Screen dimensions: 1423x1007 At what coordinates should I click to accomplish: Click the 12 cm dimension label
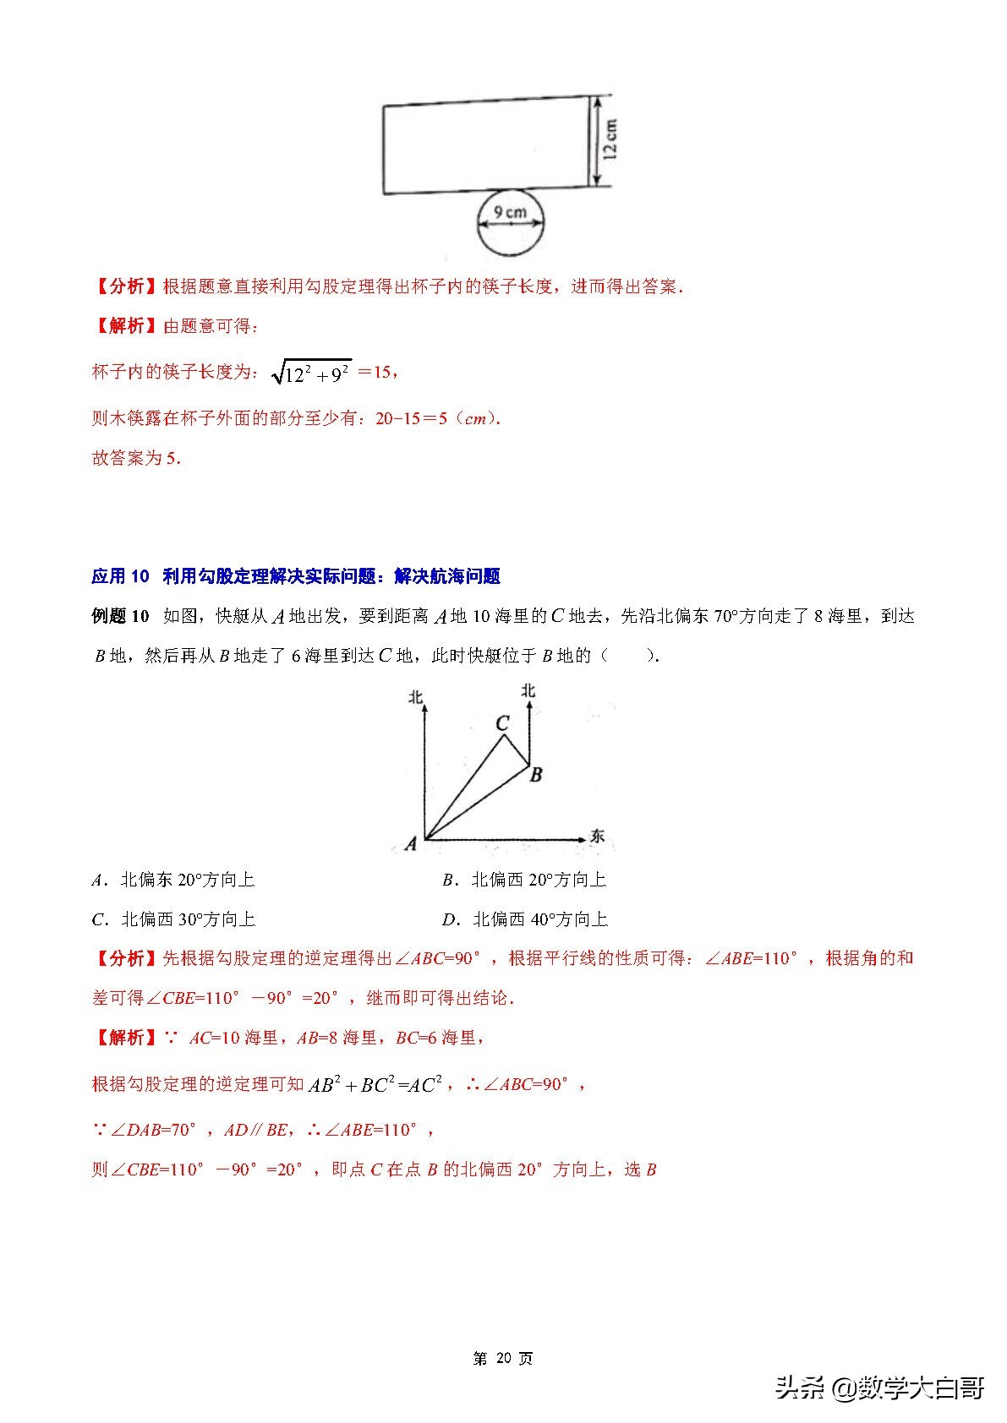click(611, 140)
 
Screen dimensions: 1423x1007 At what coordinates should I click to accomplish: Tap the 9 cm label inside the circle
click(510, 212)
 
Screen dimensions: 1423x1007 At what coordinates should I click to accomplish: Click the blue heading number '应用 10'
click(120, 576)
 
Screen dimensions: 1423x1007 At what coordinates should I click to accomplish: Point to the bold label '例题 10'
click(120, 616)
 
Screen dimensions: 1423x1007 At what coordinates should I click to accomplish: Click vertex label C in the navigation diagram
click(502, 723)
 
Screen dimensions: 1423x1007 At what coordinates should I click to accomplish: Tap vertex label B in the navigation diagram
click(535, 774)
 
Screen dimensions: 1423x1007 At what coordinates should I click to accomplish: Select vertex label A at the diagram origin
click(411, 843)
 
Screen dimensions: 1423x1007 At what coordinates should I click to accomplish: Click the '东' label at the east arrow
click(597, 837)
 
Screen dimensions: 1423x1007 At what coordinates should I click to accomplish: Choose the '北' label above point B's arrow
click(528, 690)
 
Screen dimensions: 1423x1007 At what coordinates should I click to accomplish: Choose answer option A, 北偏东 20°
click(173, 880)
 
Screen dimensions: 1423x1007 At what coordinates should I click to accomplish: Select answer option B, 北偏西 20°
click(524, 880)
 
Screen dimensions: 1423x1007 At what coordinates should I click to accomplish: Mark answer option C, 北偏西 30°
click(173, 919)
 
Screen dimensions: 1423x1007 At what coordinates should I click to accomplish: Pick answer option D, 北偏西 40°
click(524, 919)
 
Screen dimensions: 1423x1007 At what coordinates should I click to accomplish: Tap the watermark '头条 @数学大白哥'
click(879, 1388)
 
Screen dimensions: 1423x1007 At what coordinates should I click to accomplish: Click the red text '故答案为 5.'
click(136, 458)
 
